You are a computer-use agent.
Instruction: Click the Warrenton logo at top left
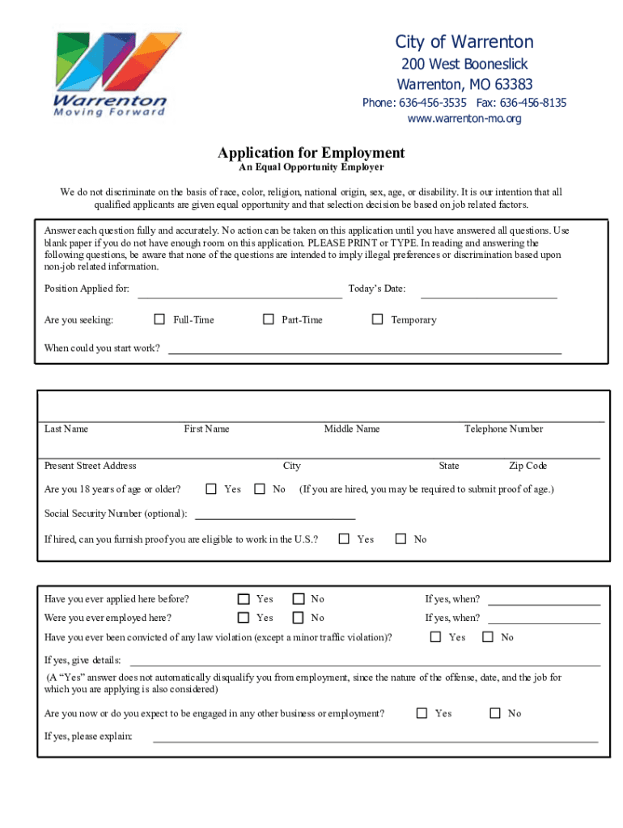(x=111, y=74)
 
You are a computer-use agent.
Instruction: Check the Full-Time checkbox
(x=159, y=319)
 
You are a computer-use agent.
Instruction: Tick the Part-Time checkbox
(x=269, y=319)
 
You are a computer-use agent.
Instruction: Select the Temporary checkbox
(x=377, y=319)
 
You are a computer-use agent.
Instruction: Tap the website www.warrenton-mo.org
(x=464, y=119)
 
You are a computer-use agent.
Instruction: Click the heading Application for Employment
(x=311, y=153)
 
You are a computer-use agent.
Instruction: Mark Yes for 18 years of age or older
(x=211, y=488)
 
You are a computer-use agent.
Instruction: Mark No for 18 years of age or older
(x=260, y=488)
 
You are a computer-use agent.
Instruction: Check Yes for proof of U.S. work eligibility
(x=344, y=539)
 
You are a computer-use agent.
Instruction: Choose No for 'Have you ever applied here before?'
(x=298, y=599)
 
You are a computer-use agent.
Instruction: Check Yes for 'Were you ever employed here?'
(x=244, y=618)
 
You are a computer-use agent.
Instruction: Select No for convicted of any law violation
(x=488, y=637)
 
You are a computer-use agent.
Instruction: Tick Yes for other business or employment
(x=422, y=713)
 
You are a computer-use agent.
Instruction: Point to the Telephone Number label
(x=503, y=429)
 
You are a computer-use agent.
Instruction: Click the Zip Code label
(x=528, y=466)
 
